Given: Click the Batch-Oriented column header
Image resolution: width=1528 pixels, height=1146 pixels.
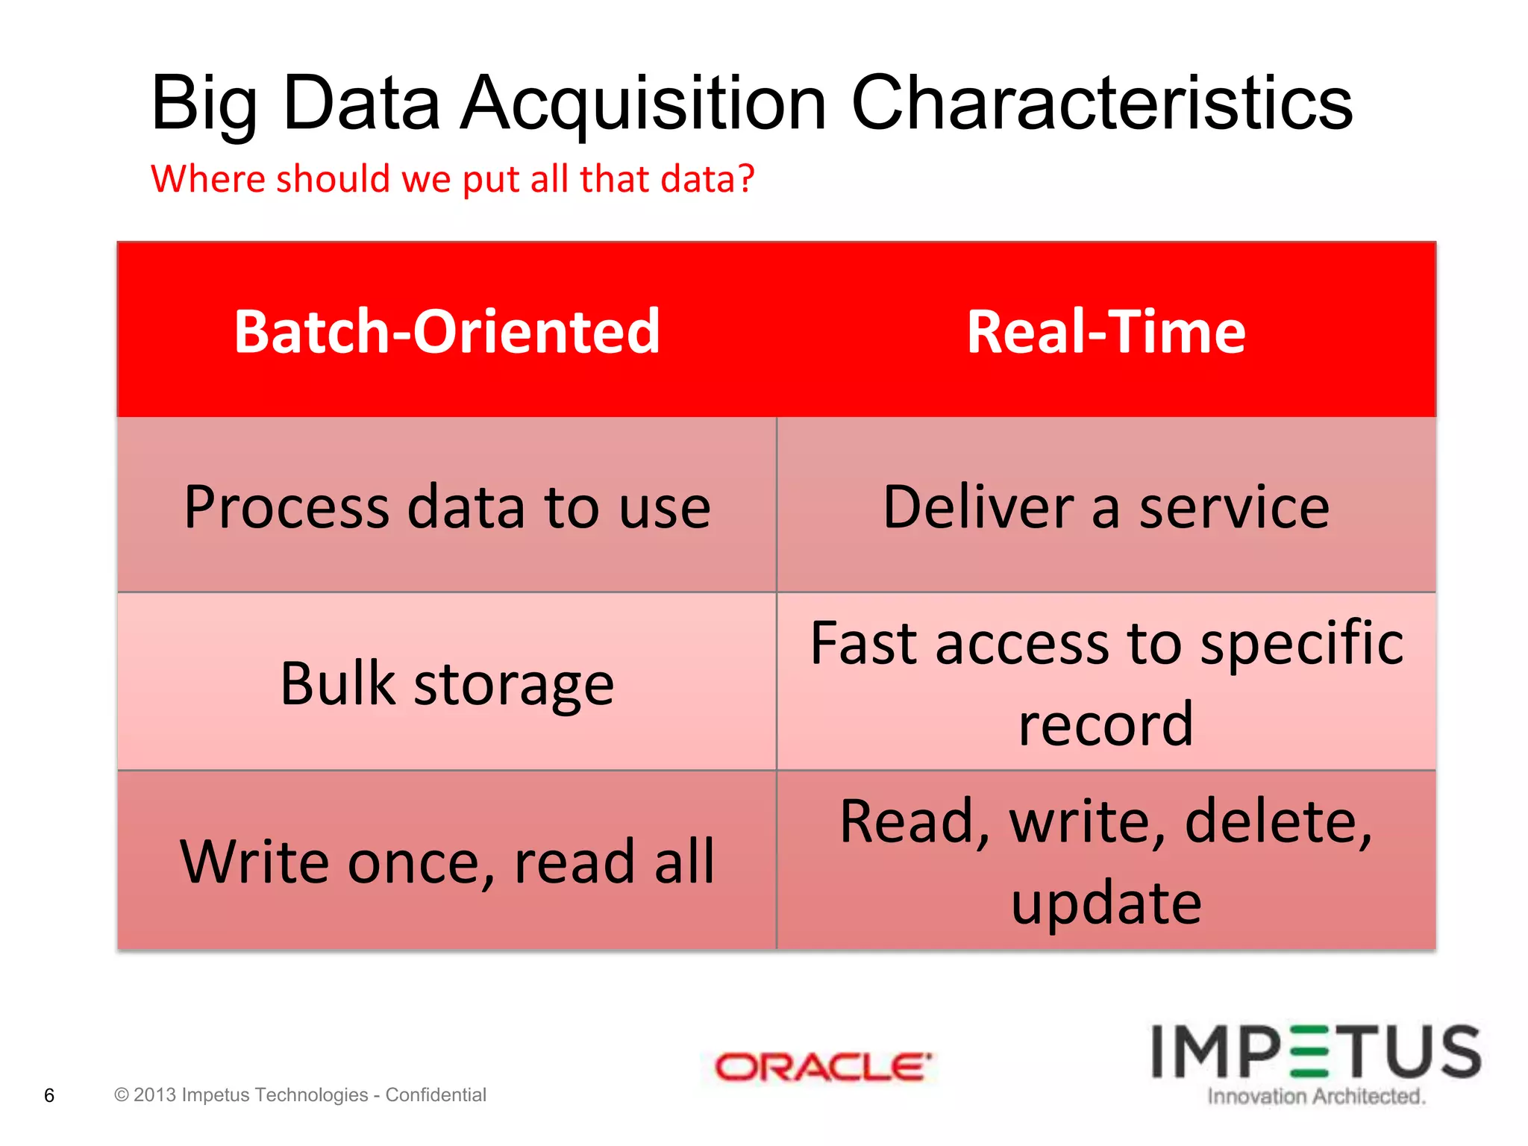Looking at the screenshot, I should point(446,331).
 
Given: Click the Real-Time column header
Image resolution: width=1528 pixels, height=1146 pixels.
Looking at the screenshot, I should point(1106,331).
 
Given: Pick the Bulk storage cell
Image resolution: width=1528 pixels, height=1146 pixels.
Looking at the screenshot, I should point(446,683).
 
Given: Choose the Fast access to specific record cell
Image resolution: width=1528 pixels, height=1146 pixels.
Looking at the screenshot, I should point(1106,683).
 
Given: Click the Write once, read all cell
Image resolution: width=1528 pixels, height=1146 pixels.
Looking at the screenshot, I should point(446,861).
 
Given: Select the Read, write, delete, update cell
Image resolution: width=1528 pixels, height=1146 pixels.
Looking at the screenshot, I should point(1106,861).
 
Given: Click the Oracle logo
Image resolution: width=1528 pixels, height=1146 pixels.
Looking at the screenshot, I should point(823,1067).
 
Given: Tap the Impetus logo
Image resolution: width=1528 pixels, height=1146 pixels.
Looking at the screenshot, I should point(1316,1052).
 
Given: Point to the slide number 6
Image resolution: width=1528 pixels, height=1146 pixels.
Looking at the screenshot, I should point(49,1095).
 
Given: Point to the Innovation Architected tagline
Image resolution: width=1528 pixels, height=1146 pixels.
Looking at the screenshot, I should point(1316,1096).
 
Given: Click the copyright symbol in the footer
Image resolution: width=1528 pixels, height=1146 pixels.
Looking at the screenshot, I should point(122,1095).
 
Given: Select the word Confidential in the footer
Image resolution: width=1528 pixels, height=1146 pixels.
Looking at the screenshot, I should point(436,1095).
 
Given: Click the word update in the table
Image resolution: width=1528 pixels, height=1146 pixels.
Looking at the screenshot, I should point(1106,902).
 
